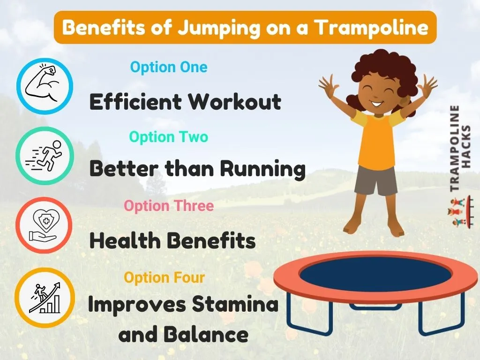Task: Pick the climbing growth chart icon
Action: [x=45, y=296]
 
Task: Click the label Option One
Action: [x=169, y=67]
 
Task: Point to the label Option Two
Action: [x=168, y=137]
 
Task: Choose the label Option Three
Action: [x=169, y=206]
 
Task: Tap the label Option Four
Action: [x=165, y=277]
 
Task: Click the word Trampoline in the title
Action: [x=371, y=28]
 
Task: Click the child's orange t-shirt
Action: [x=375, y=141]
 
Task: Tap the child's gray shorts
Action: [x=375, y=180]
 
